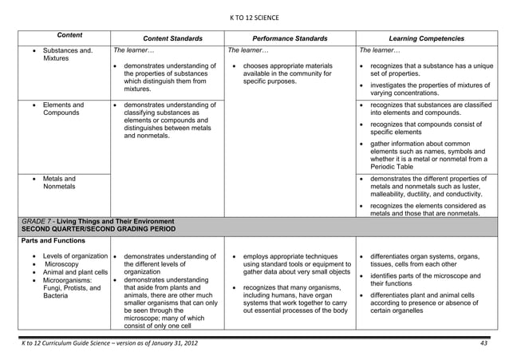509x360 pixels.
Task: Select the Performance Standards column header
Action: [290, 38]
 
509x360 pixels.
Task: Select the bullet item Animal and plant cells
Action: [75, 273]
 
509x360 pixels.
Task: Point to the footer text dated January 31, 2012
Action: [107, 342]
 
